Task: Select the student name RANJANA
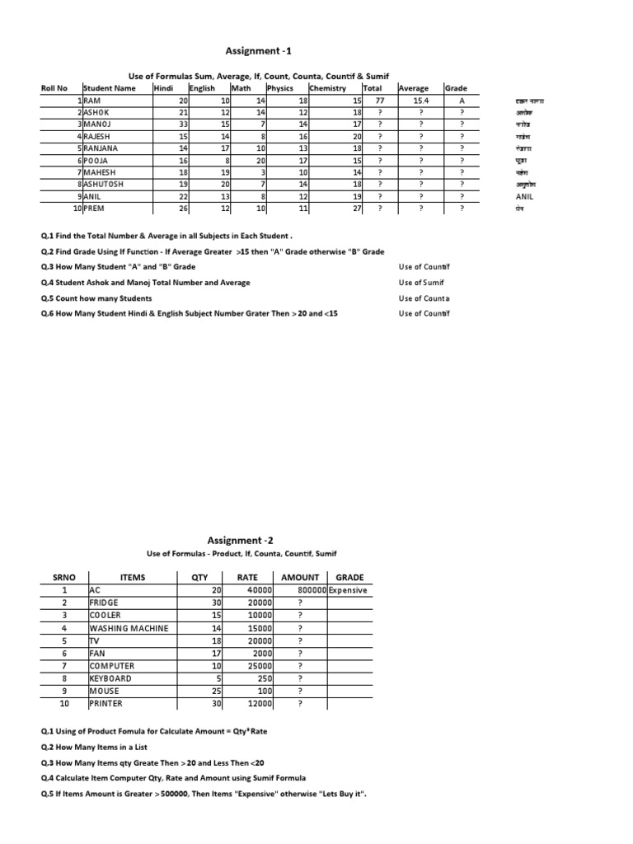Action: pos(102,149)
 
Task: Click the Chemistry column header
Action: pos(327,88)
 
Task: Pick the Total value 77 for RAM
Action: pos(381,101)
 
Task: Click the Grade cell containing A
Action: pos(462,101)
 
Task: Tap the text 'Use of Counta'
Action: pos(424,298)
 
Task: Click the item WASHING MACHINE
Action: pos(129,628)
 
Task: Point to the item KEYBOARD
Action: pos(110,678)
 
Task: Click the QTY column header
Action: pos(199,578)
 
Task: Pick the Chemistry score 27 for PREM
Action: pos(357,209)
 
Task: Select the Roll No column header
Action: pos(54,88)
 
